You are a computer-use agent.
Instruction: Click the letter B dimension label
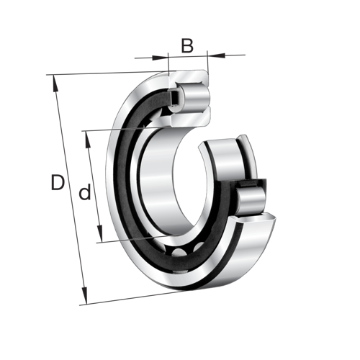click(x=187, y=45)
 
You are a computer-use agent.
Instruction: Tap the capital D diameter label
click(x=58, y=182)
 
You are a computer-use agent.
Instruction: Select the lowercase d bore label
click(x=85, y=192)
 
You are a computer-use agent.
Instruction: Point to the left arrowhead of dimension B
click(x=160, y=58)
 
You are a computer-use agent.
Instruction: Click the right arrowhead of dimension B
click(x=217, y=55)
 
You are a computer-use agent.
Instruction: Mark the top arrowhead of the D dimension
click(x=55, y=84)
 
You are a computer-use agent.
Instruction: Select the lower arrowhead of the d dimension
click(x=100, y=233)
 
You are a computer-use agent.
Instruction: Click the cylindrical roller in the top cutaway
click(x=196, y=97)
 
